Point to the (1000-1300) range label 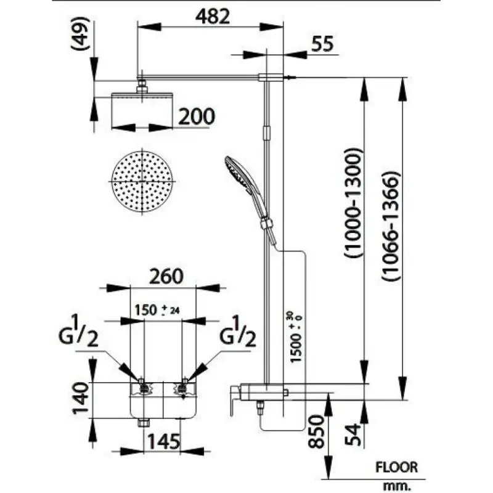pos(352,202)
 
